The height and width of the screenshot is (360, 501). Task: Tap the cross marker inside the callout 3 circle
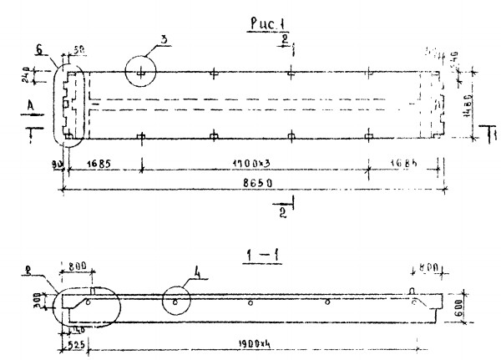point(142,73)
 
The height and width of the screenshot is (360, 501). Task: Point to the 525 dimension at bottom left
point(74,343)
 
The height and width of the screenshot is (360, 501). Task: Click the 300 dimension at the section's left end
point(49,297)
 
